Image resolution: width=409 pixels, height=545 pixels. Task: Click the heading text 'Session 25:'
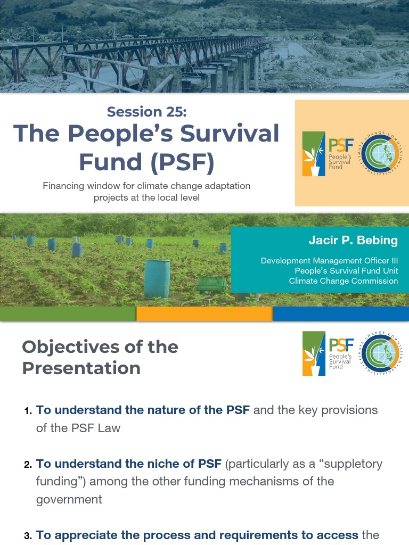pyautogui.click(x=146, y=112)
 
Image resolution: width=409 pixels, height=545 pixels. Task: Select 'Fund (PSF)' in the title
pyautogui.click(x=146, y=162)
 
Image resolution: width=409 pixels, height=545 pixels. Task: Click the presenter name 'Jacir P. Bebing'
pyautogui.click(x=353, y=240)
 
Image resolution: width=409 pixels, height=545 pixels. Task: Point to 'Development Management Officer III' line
pyautogui.click(x=329, y=261)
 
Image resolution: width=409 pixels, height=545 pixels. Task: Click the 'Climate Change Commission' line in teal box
pyautogui.click(x=343, y=280)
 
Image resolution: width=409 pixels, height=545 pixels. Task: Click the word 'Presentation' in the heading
pyautogui.click(x=81, y=368)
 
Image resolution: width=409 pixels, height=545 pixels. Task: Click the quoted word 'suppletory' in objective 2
pyautogui.click(x=353, y=464)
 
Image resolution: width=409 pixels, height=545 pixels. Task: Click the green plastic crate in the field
pyautogui.click(x=212, y=284)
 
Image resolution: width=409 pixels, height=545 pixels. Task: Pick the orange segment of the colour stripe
pyautogui.click(x=204, y=314)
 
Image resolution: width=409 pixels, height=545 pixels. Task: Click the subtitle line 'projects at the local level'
pyautogui.click(x=146, y=197)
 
